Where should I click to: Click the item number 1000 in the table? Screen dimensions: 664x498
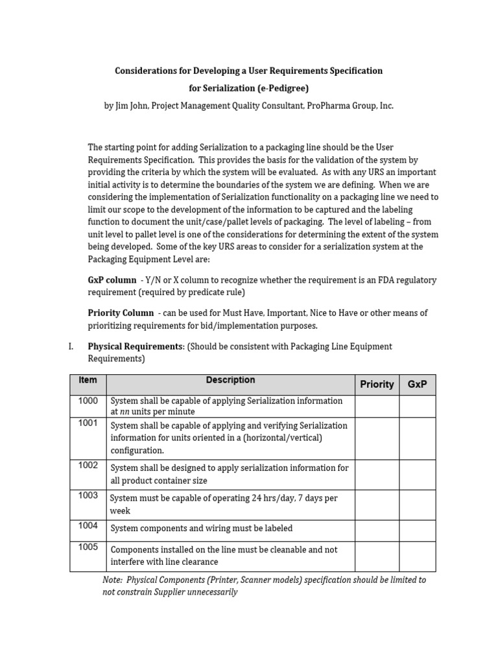[88, 401]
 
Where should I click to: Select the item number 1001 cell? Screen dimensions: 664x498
[88, 423]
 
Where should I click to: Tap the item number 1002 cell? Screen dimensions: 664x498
[88, 465]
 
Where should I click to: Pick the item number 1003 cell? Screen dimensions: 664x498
[88, 495]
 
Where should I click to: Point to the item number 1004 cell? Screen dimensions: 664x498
[88, 525]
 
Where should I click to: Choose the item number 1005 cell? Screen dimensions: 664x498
[88, 547]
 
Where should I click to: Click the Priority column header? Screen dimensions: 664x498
[377, 384]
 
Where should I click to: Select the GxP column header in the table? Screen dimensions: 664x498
[417, 384]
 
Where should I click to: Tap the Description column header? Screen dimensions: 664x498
[230, 380]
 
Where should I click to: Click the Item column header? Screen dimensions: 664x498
[88, 380]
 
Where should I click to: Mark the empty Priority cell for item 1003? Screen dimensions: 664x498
[377, 504]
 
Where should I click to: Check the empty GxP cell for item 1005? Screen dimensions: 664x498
[417, 556]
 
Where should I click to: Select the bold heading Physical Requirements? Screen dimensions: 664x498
[136, 346]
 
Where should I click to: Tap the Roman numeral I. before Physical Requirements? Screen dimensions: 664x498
[71, 346]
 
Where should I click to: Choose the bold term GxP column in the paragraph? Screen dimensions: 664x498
[112, 279]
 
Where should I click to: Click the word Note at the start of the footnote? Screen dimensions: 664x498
[113, 580]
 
